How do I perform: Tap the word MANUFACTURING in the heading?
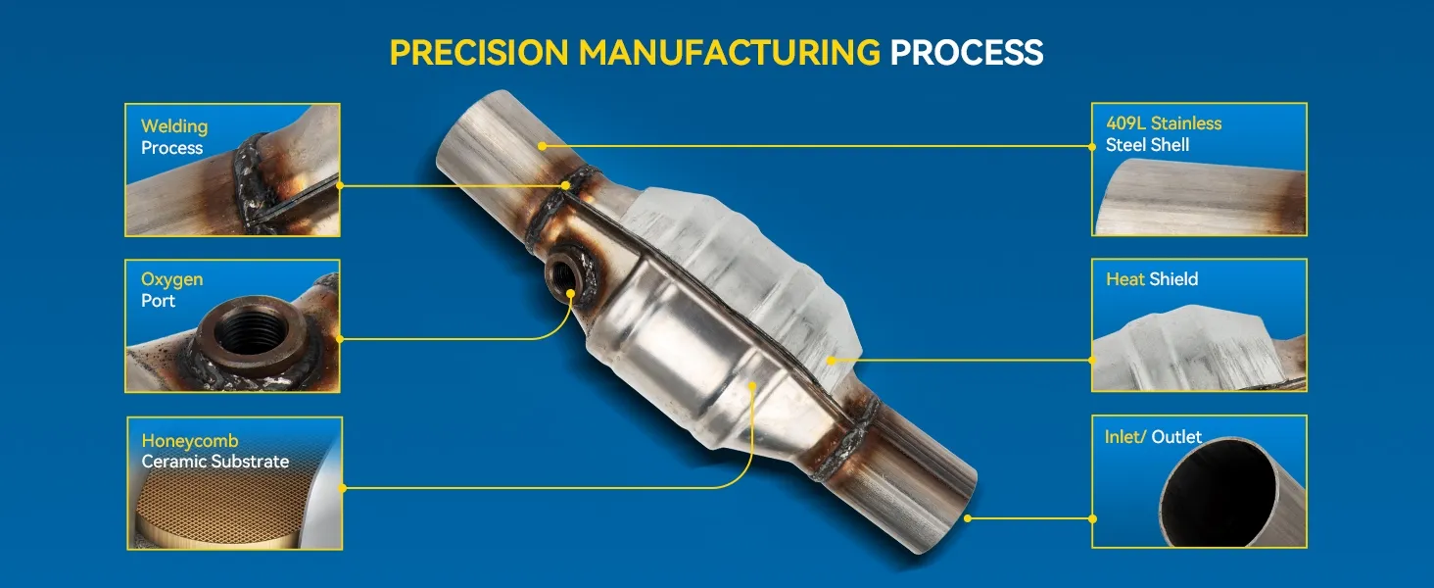(x=730, y=52)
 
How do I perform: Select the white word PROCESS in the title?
(x=966, y=52)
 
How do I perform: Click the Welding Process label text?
(x=173, y=137)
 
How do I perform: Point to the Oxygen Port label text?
(x=171, y=289)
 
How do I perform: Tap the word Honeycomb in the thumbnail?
(x=190, y=441)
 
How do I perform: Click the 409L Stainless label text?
(x=1164, y=123)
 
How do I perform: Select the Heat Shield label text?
(x=1152, y=279)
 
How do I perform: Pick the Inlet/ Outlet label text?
(x=1153, y=437)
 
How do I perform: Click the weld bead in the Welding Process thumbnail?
(x=252, y=182)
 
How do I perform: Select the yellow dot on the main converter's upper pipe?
(x=542, y=146)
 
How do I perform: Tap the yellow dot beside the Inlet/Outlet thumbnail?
(x=1092, y=517)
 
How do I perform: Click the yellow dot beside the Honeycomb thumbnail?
(x=342, y=487)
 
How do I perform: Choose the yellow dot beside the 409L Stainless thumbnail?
(x=1092, y=146)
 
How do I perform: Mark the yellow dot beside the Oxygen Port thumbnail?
(x=340, y=339)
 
